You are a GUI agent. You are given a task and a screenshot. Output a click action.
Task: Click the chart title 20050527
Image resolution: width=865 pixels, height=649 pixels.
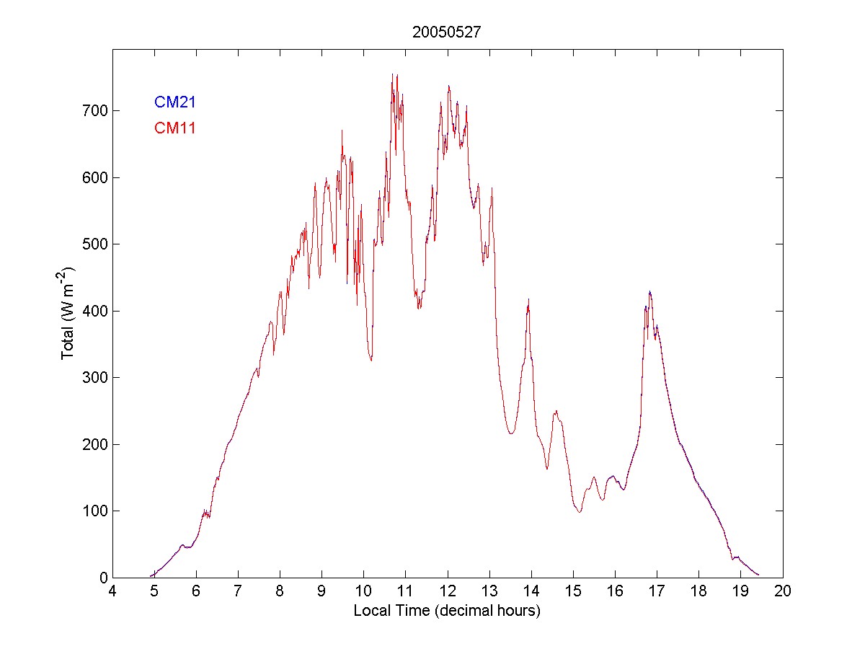point(447,32)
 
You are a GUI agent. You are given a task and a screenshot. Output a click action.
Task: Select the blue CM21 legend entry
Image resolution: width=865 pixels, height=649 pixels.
point(175,102)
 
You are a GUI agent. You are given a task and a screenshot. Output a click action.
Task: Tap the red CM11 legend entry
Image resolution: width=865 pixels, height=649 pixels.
point(175,128)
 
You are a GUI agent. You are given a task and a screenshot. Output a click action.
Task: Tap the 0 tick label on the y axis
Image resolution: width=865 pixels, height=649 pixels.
point(101,578)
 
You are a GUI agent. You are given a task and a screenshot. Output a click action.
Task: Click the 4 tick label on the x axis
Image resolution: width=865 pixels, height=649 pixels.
point(112,591)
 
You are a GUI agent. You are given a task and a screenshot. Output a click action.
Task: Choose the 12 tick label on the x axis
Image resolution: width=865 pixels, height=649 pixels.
point(448,591)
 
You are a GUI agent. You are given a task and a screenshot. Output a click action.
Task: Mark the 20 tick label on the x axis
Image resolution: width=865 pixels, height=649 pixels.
point(783,591)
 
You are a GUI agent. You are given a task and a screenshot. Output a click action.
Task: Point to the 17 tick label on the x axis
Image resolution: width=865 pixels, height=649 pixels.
point(657,591)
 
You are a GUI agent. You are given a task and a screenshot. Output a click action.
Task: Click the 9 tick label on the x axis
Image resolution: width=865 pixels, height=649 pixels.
point(322,591)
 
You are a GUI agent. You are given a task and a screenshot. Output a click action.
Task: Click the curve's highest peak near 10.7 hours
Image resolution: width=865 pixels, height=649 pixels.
point(392,74)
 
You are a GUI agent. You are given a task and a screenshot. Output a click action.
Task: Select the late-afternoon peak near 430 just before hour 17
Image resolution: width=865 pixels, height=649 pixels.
point(649,291)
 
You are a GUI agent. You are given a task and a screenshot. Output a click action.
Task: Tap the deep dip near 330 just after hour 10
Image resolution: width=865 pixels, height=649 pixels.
point(371,359)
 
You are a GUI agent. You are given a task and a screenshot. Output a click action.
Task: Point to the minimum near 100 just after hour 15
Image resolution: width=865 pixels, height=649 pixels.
point(579,511)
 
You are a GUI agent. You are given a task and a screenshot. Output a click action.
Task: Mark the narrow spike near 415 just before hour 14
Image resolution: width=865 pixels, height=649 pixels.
point(529,300)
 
